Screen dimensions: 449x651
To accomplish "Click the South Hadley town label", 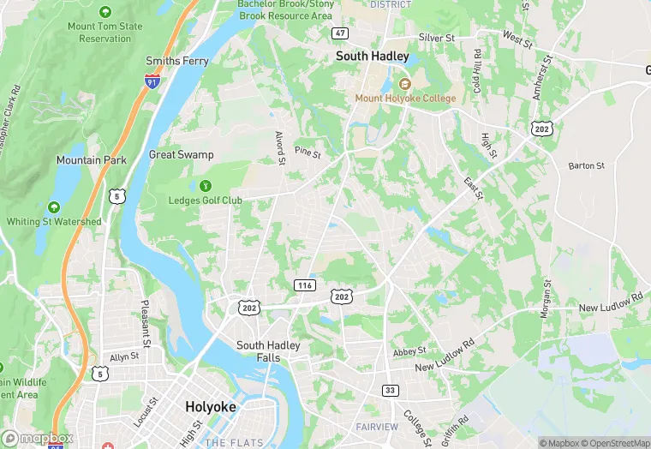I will coord(372,57).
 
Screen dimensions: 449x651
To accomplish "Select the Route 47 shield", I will coord(340,33).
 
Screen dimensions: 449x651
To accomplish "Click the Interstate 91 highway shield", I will coord(152,81).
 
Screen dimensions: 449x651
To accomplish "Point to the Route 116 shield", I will coord(303,284).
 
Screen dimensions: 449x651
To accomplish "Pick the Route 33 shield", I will coord(391,390).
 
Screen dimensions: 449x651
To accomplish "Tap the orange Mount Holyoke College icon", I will coord(406,83).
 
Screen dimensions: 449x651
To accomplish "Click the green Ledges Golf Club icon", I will coord(206,185).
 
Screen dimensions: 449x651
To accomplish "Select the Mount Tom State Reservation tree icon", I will coord(105,12).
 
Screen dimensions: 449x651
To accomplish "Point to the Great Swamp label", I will coord(181,155).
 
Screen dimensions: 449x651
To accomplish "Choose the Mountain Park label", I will coord(91,160).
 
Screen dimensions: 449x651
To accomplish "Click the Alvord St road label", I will coord(279,147).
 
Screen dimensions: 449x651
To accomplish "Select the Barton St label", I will coord(586,165).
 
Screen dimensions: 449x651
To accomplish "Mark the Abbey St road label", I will coord(409,351).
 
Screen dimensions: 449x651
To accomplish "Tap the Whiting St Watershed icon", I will coord(53,207).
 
